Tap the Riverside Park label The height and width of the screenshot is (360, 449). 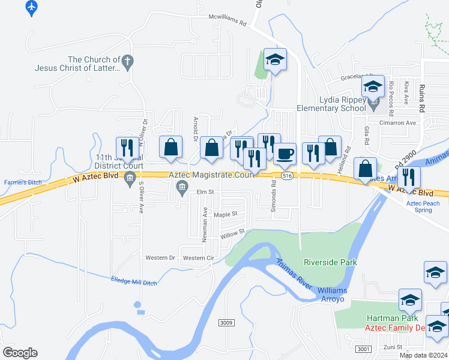point(330,262)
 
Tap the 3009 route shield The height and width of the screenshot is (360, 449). point(226,323)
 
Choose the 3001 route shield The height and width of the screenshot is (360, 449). point(363,349)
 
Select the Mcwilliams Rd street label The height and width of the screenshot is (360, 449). point(228,19)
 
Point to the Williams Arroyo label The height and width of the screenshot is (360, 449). point(333,295)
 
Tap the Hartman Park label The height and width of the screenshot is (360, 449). point(388,318)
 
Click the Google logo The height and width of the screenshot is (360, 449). point(20,353)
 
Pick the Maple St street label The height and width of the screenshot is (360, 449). point(226,214)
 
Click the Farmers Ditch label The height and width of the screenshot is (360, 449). point(21,182)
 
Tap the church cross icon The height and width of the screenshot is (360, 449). point(127,61)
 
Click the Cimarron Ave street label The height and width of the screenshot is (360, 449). point(402,122)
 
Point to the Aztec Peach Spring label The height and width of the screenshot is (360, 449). point(423,207)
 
